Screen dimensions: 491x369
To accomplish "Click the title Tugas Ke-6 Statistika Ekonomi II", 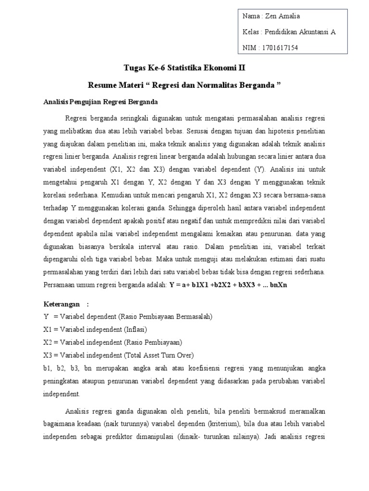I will pyautogui.click(x=184, y=69).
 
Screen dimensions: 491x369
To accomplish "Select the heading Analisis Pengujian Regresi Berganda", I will pyautogui.click(x=100, y=102).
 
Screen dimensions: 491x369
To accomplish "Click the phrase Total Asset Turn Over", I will pyautogui.click(x=159, y=355).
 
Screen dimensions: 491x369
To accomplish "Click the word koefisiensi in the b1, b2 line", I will pyautogui.click(x=204, y=368).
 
